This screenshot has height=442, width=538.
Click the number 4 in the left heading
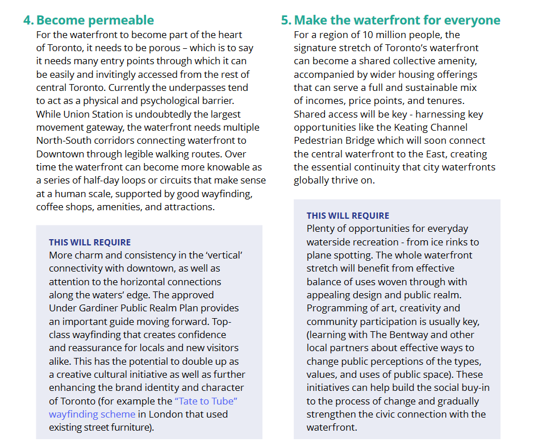(x=27, y=20)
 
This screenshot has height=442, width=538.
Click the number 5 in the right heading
(x=286, y=20)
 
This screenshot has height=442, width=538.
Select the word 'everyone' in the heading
(x=472, y=20)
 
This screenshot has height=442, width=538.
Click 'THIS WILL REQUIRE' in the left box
(x=90, y=243)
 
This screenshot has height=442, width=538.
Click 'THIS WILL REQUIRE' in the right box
(x=348, y=216)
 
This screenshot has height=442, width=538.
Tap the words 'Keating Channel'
(x=429, y=127)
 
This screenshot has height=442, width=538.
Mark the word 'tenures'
(x=436, y=101)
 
